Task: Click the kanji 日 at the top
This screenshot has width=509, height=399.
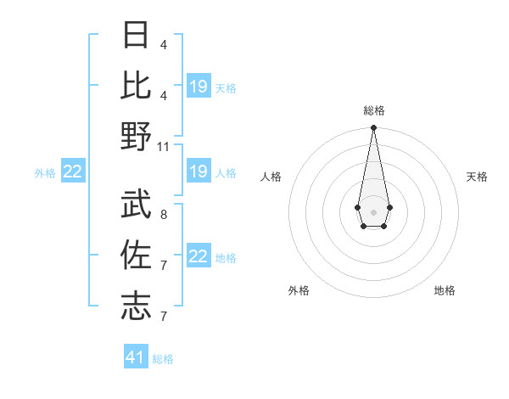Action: [137, 36]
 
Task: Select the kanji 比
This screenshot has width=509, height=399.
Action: [137, 85]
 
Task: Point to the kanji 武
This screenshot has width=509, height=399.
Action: [137, 203]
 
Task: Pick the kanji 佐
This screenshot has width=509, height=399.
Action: [137, 254]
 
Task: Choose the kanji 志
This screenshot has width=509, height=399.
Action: [137, 305]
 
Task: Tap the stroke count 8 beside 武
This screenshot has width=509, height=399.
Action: [163, 215]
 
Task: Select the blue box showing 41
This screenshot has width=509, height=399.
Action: [136, 357]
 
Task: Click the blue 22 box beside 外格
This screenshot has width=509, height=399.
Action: [73, 172]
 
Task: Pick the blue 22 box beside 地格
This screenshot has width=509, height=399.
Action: [199, 257]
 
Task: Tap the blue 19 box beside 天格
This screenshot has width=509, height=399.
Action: [199, 87]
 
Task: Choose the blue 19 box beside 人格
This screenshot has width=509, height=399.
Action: [199, 172]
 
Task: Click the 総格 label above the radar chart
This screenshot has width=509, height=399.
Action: [373, 110]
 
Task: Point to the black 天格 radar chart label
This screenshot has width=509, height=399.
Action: [478, 177]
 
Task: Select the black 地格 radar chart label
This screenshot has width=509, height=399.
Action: [445, 290]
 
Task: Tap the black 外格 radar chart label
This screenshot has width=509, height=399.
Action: [299, 290]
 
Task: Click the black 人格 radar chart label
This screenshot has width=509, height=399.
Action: [271, 177]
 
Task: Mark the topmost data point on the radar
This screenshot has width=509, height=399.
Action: [373, 128]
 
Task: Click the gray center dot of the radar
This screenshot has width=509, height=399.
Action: [373, 211]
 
